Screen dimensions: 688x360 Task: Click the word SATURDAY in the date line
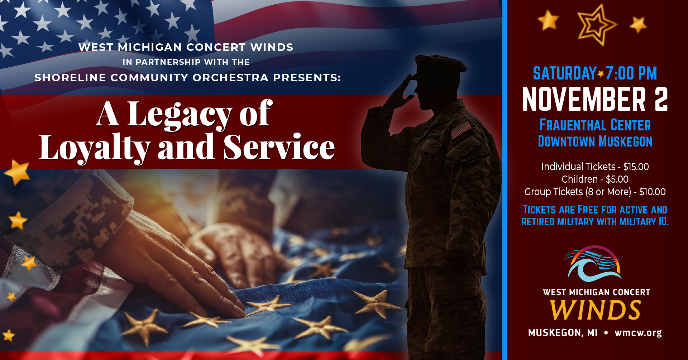coord(564,73)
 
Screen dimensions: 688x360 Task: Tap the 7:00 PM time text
coord(631,73)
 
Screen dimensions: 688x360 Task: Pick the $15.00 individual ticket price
coord(636,167)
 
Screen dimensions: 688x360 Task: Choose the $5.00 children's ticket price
coord(617,179)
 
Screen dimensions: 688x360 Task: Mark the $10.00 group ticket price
coord(652,192)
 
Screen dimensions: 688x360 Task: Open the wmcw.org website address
coord(638,333)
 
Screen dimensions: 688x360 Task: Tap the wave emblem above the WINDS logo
coord(593,263)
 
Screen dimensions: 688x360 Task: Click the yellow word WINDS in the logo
coord(595,310)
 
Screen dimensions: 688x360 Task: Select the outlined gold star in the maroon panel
coord(596,25)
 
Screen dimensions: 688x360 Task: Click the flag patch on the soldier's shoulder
coord(461,129)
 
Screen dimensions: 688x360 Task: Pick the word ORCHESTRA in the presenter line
coord(230,78)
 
